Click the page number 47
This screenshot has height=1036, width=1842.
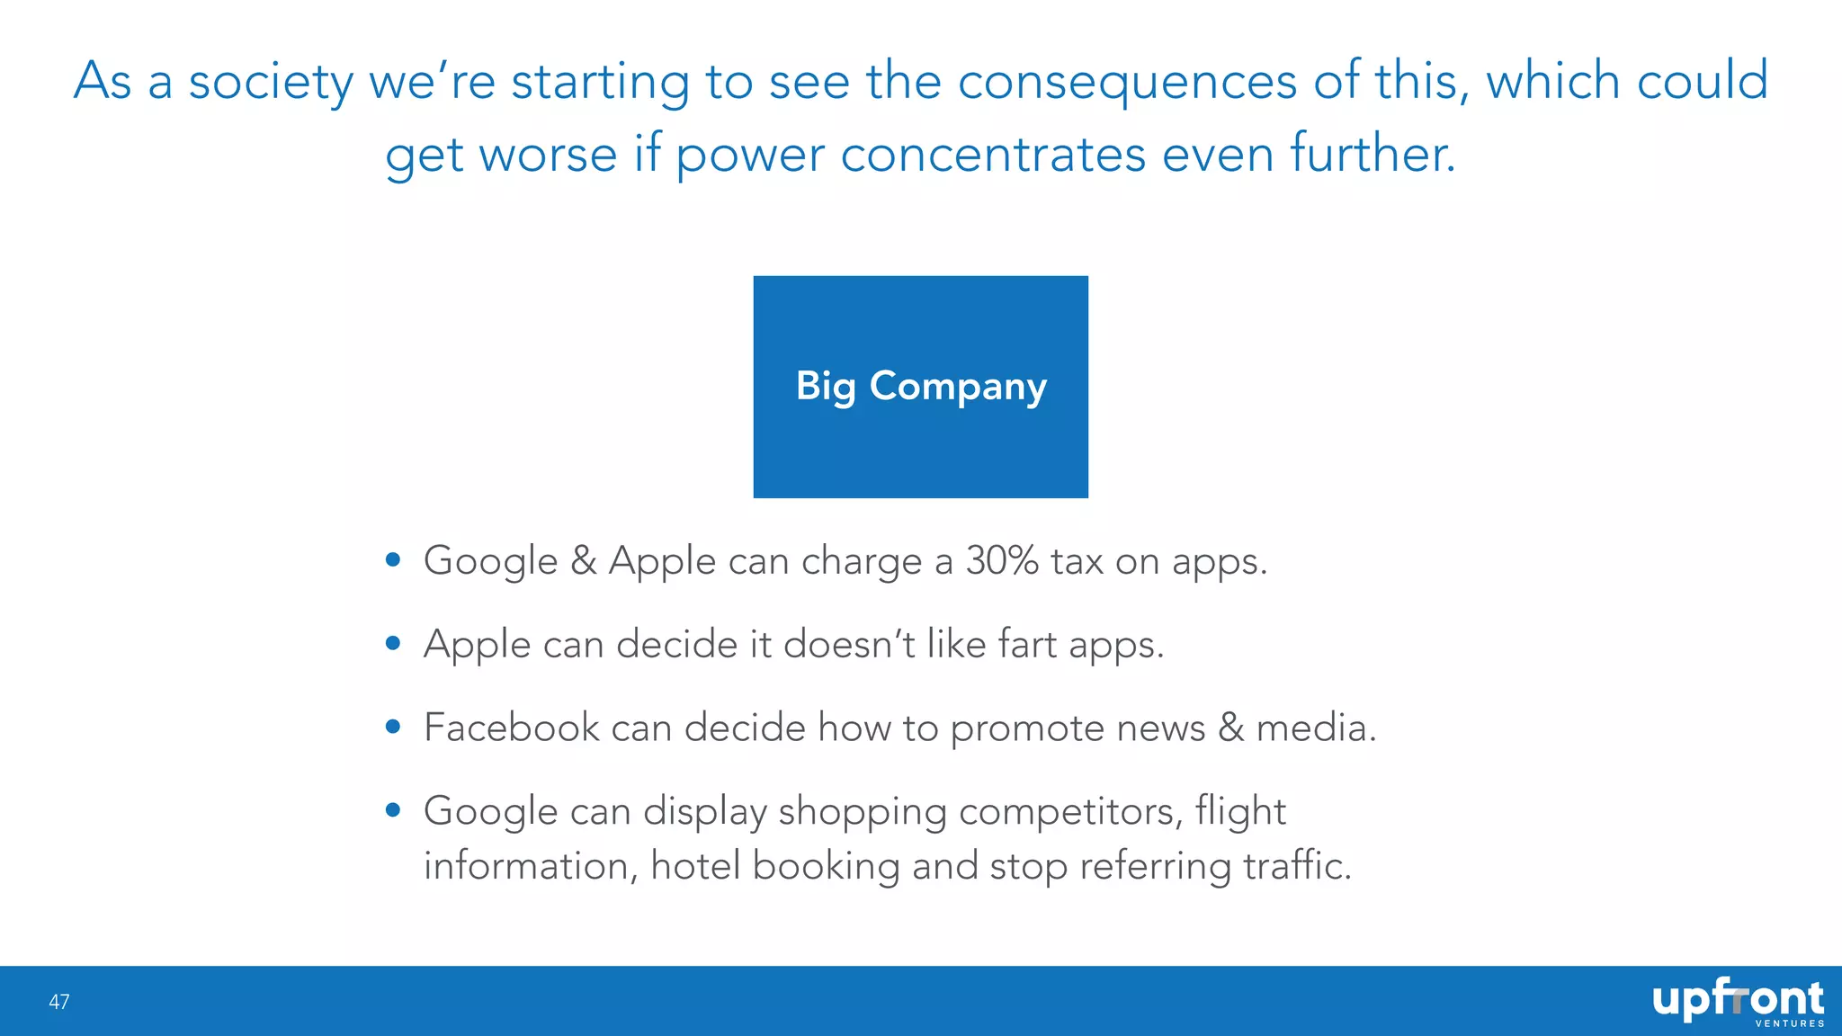(59, 1002)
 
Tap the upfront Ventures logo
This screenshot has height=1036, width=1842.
(1738, 1002)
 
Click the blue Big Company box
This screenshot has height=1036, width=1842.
(920, 387)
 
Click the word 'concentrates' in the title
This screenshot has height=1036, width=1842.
(993, 154)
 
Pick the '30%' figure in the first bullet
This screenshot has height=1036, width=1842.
(1002, 561)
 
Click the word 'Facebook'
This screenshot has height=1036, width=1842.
(511, 728)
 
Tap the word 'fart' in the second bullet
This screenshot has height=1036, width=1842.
(1027, 645)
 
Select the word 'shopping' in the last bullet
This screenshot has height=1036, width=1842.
(863, 812)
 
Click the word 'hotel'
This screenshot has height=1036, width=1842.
(695, 866)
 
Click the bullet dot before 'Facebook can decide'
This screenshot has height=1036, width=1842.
(392, 727)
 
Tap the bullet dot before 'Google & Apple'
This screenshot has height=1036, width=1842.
(392, 560)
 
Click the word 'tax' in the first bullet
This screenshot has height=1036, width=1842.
(1077, 562)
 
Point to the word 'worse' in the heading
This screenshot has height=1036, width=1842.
(548, 154)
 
